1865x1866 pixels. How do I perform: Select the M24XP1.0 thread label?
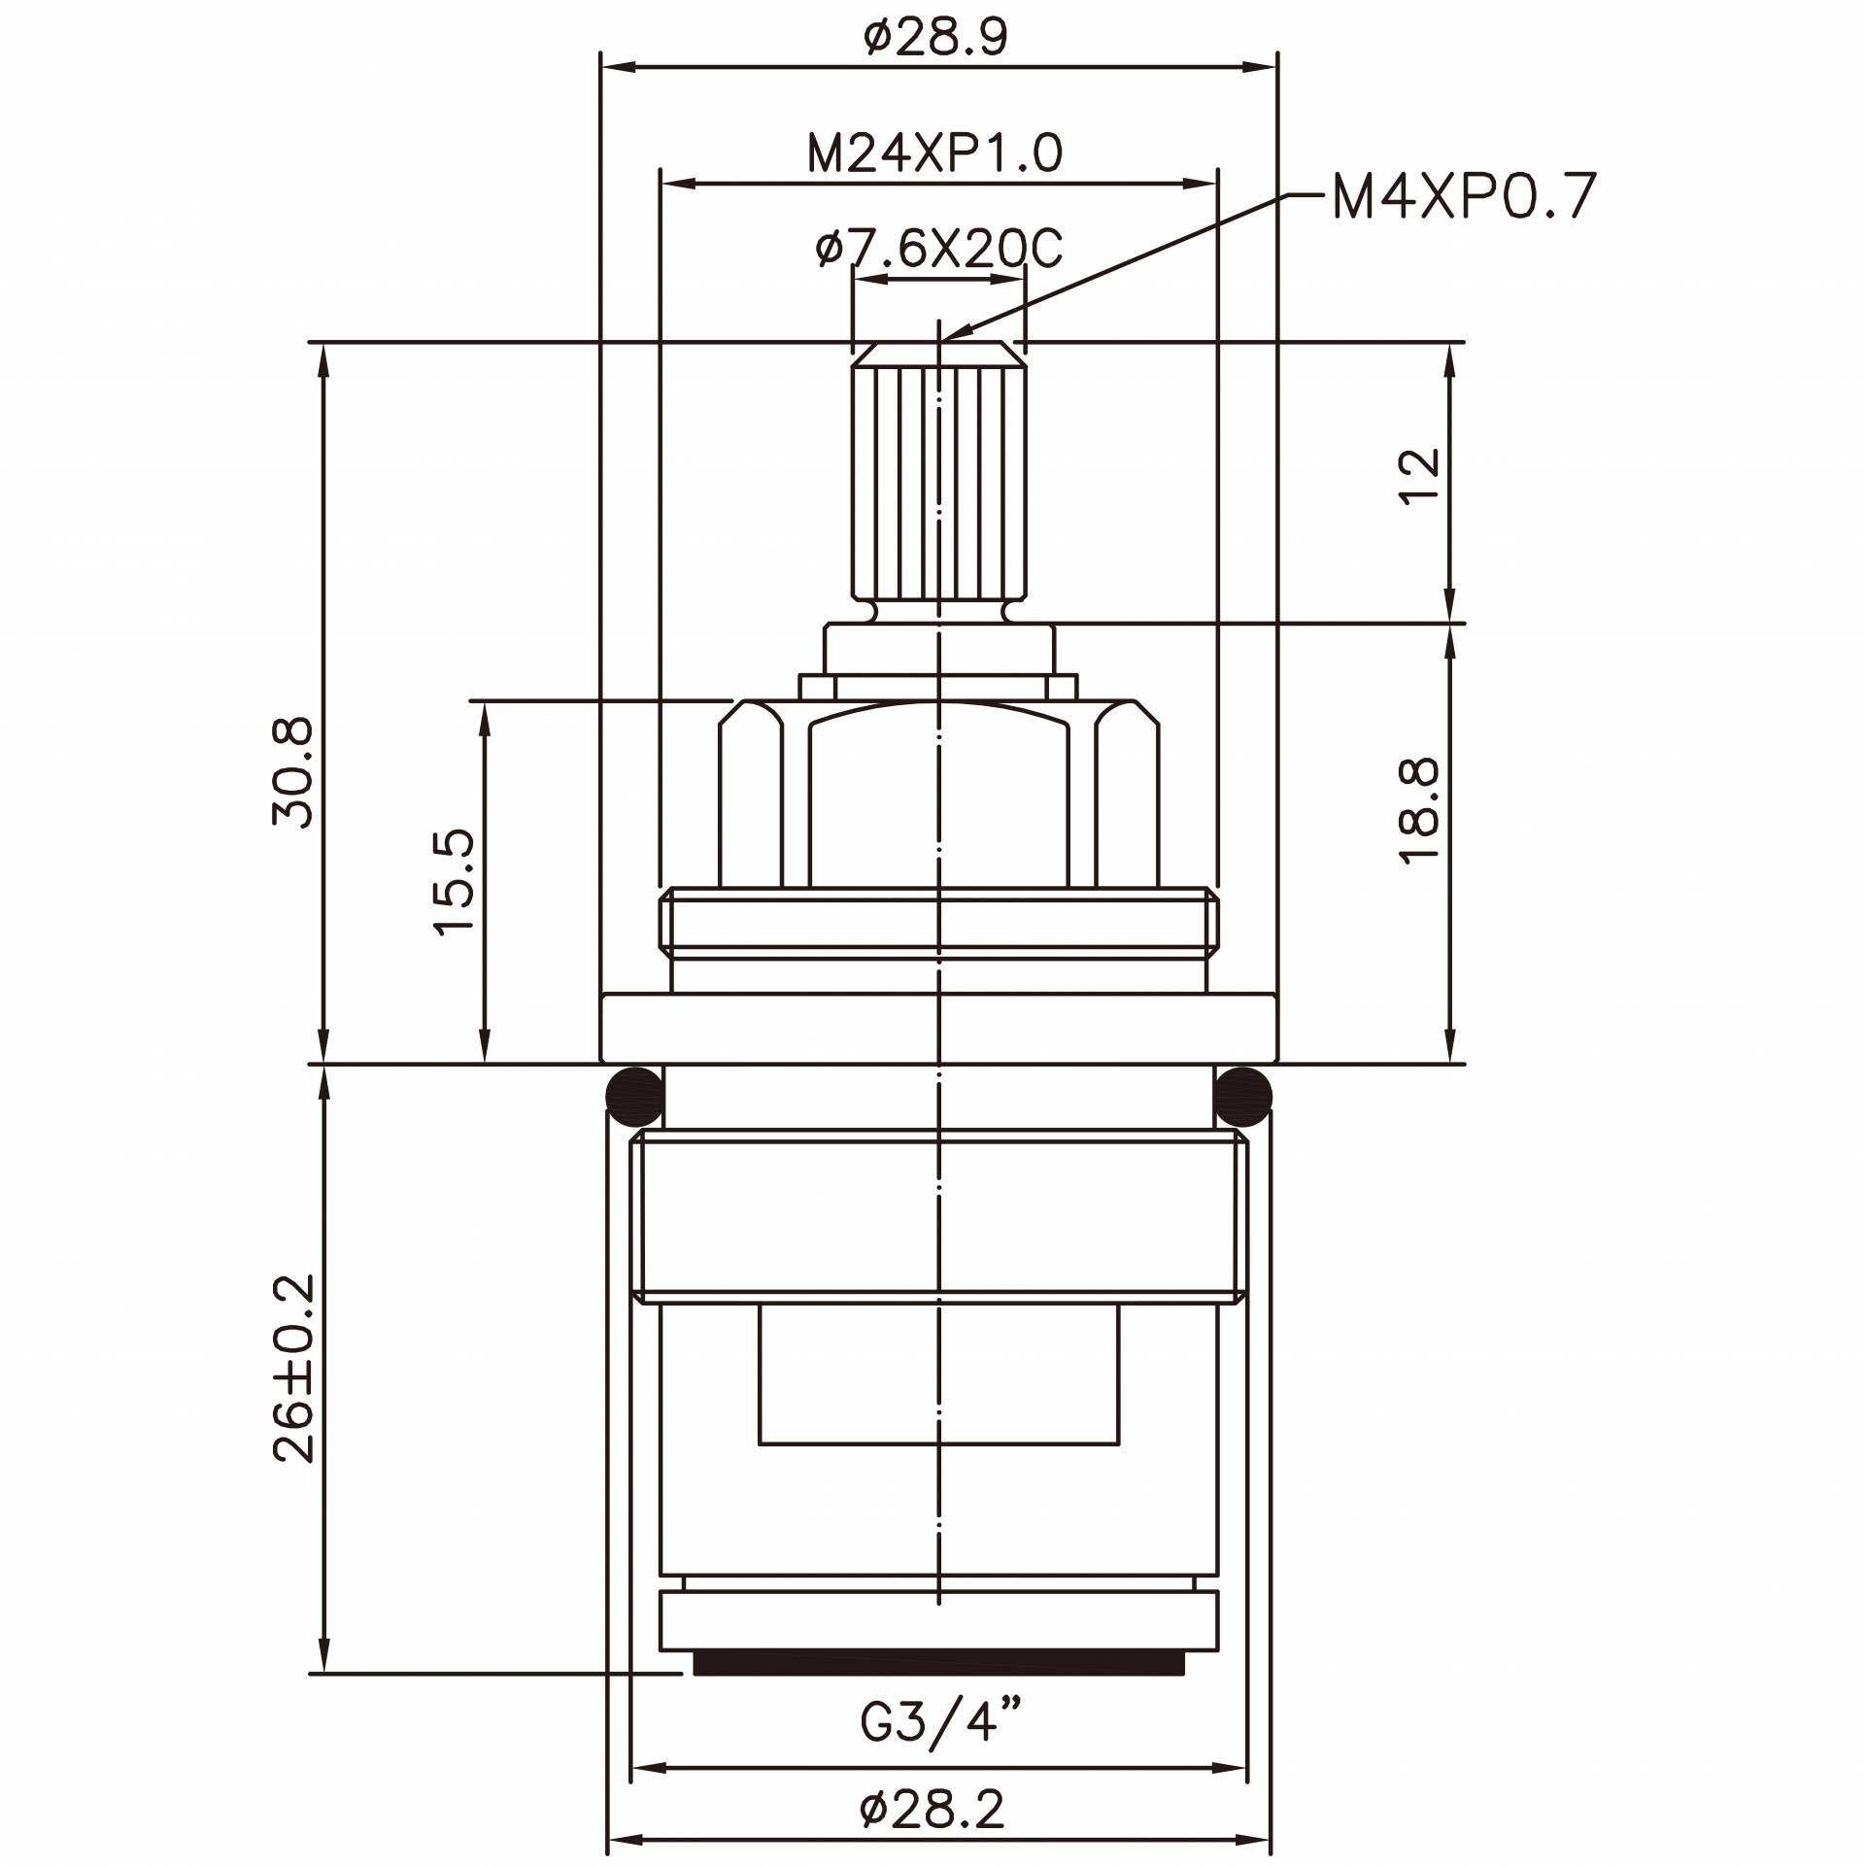pyautogui.click(x=935, y=154)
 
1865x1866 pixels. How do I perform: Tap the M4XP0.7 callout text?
pyautogui.click(x=1464, y=197)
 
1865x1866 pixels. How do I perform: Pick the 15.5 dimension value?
pyautogui.click(x=455, y=882)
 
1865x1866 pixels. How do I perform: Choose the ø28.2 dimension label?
pyautogui.click(x=932, y=1810)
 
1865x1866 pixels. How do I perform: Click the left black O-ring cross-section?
pyautogui.click(x=633, y=1096)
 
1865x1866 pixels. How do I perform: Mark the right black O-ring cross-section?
pyautogui.click(x=1243, y=1096)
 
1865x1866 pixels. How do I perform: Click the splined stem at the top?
pyautogui.click(x=938, y=481)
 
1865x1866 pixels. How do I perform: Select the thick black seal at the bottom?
pyautogui.click(x=938, y=1667)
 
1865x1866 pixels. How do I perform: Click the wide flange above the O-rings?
pyautogui.click(x=938, y=1028)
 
